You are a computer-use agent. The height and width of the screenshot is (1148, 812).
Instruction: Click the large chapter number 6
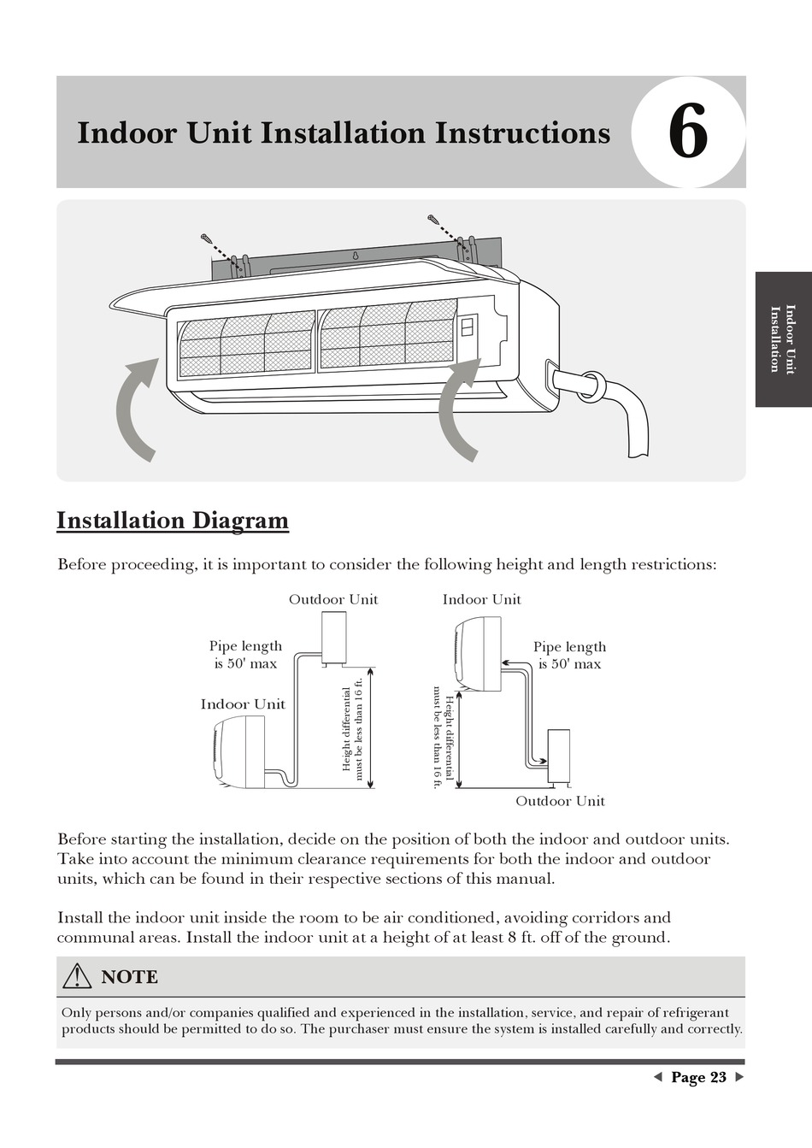(688, 132)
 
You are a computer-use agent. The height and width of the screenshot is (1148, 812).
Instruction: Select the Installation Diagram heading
(173, 521)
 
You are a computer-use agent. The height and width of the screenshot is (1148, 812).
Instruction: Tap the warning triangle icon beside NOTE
(77, 976)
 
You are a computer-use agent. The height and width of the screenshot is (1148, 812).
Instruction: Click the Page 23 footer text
(698, 1077)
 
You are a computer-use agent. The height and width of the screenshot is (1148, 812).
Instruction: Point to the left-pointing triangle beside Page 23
(657, 1077)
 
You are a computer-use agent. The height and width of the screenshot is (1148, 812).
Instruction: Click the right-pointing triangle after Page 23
(739, 1077)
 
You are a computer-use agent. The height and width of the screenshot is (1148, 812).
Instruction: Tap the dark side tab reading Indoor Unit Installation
(783, 339)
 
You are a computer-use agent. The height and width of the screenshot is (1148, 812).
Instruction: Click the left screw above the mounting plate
(207, 238)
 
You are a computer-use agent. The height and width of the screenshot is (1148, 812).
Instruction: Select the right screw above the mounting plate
(433, 220)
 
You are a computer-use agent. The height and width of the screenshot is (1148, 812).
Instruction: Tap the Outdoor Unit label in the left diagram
(333, 599)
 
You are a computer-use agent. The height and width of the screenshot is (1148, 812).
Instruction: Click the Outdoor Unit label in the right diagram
(560, 801)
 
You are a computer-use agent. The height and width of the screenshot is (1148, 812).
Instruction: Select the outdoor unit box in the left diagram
(333, 638)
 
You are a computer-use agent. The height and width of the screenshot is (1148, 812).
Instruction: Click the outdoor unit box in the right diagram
(558, 755)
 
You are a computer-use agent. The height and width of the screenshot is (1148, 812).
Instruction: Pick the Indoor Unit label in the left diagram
(243, 704)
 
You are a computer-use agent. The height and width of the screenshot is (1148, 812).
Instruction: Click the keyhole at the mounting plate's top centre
(355, 254)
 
